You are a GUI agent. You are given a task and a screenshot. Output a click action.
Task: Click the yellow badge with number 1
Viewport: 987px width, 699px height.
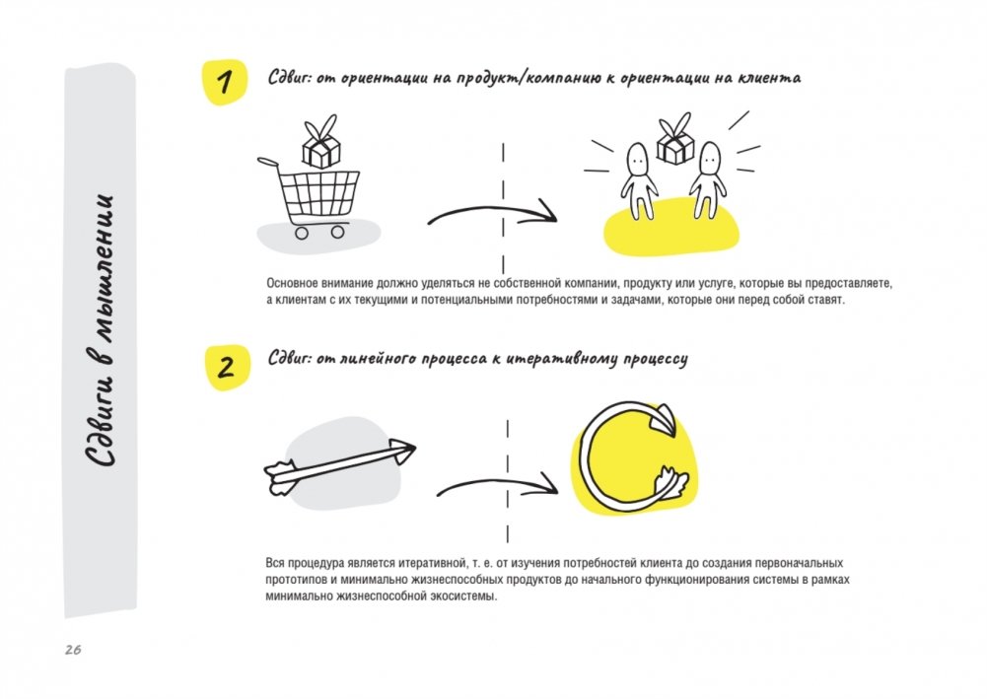coord(224,83)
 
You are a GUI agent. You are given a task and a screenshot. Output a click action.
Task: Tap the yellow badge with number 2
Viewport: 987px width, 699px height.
coord(228,368)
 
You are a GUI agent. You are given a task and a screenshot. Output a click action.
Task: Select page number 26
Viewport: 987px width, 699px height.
coord(73,650)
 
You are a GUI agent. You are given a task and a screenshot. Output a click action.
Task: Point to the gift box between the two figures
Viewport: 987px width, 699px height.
coord(674,139)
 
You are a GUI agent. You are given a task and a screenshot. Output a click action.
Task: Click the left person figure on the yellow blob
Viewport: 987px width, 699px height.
coord(638,181)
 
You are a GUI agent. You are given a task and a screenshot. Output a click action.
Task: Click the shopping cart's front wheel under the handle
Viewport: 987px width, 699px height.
coord(302,233)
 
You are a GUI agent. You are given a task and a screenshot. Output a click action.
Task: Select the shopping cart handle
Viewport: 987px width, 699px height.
coord(267,163)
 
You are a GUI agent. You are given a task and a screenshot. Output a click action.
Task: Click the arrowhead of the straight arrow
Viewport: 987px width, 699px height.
coord(401,450)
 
